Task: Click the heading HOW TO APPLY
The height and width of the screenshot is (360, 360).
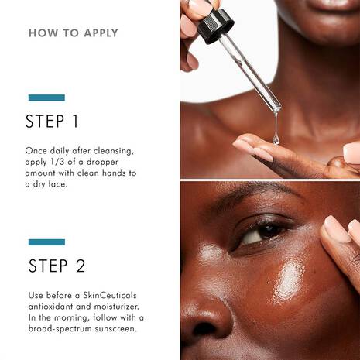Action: (73, 33)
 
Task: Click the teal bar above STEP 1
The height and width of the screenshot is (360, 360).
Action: (46, 98)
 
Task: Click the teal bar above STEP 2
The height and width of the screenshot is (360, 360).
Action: (46, 242)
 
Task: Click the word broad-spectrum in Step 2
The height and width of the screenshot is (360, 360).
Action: (65, 329)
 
